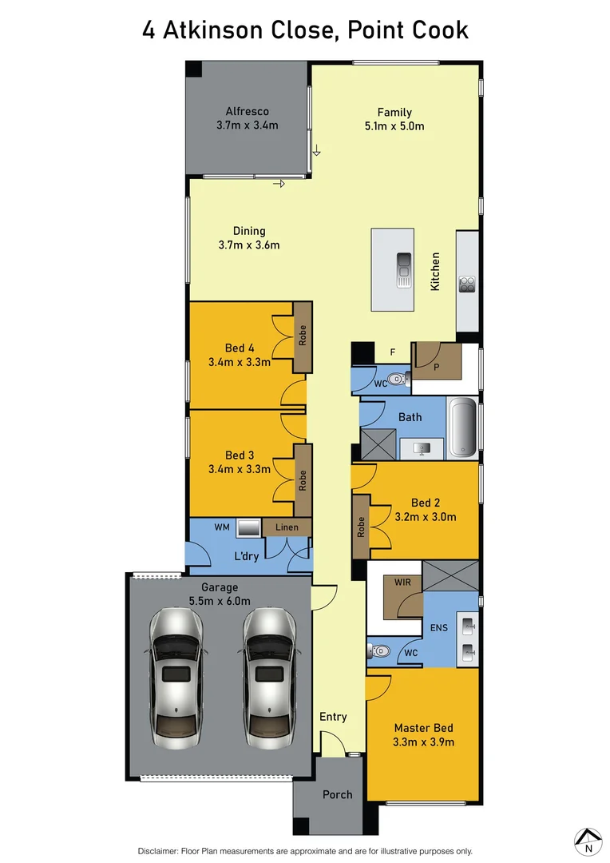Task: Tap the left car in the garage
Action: tap(176, 673)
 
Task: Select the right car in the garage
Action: tap(268, 673)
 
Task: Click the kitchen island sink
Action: tap(405, 270)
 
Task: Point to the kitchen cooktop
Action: tap(467, 284)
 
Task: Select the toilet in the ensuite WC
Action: tap(380, 651)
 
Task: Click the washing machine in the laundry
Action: tap(248, 528)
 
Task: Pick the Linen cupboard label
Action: tap(287, 527)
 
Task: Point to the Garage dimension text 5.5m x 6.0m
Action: tap(219, 601)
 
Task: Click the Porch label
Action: tap(338, 795)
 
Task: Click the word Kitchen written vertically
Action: tap(436, 271)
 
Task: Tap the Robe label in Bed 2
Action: tap(361, 527)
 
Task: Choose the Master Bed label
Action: tap(423, 728)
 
